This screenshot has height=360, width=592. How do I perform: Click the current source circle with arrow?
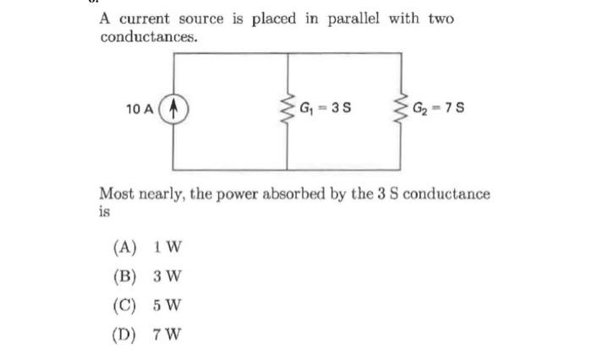pyautogui.click(x=174, y=110)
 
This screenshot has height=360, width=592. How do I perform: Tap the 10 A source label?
pyautogui.click(x=140, y=110)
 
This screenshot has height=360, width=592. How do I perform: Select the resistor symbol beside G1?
pyautogui.click(x=289, y=110)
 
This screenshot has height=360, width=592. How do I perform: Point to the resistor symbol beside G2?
pyautogui.click(x=401, y=110)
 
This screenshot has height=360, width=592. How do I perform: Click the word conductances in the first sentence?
pyautogui.click(x=148, y=38)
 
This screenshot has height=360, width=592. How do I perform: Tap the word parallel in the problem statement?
pyautogui.click(x=353, y=19)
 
